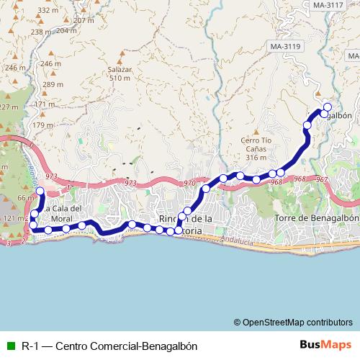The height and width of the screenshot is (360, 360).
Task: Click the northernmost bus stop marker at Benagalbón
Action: coord(327,107)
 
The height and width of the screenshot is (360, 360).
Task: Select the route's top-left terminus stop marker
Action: coord(40,192)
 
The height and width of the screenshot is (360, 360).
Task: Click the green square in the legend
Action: coord(10,345)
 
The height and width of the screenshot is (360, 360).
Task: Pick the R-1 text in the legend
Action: coord(30,345)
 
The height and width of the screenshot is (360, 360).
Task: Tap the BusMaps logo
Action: coord(323,344)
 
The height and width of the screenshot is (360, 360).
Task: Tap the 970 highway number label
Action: coord(189,184)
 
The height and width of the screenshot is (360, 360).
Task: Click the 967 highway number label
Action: coord(322,179)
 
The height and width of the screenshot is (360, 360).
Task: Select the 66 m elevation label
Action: coord(25,198)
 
